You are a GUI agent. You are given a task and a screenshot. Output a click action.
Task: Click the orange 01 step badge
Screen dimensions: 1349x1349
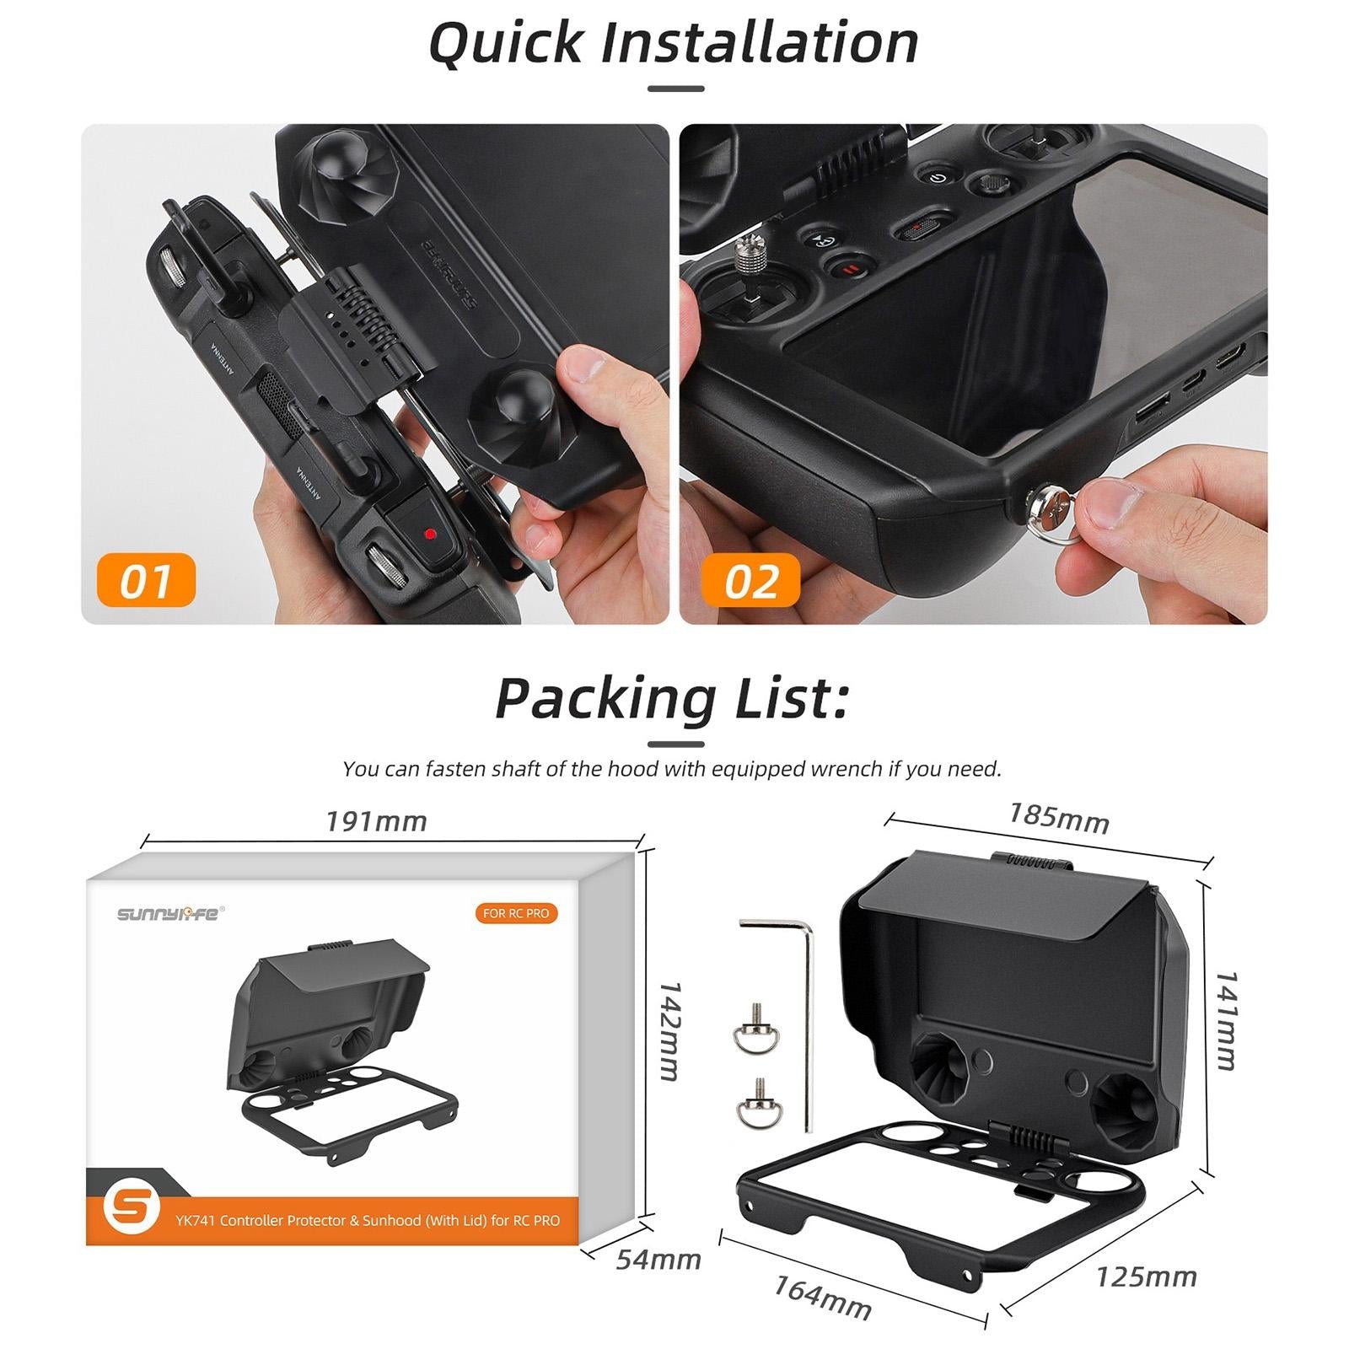tap(146, 580)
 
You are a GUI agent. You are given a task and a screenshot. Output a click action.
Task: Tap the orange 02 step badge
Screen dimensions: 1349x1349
tap(750, 580)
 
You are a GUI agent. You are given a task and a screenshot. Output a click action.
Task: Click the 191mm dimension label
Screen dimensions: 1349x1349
tap(376, 821)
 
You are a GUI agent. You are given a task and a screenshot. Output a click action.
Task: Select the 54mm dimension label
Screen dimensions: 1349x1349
tap(658, 1260)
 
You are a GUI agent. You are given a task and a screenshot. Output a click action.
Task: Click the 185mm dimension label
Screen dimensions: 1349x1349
tap(1058, 818)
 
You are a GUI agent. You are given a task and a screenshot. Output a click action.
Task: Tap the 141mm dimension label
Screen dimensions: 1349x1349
tap(1225, 1020)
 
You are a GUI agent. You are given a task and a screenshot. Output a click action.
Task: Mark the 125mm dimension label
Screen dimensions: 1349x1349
tap(1146, 1277)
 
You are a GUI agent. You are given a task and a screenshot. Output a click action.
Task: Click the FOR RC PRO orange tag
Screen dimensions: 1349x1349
tap(516, 913)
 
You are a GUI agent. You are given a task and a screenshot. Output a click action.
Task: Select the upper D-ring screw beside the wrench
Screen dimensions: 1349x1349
tap(750, 1030)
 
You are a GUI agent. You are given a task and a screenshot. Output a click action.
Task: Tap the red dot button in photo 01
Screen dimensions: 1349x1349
tap(430, 534)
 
